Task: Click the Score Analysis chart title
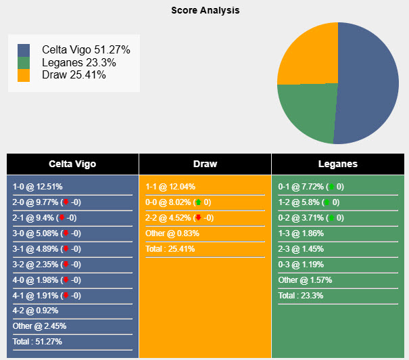point(205,10)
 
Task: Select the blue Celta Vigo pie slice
point(368,81)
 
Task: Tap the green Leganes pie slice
point(304,112)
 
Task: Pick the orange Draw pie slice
point(308,54)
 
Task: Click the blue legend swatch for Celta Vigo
point(24,50)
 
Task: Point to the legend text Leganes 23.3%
point(78,62)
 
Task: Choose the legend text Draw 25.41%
point(74,74)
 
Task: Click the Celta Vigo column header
point(72,164)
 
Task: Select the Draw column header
point(205,164)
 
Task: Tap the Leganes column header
point(337,164)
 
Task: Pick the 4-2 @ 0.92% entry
point(35,311)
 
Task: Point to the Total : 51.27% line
point(37,342)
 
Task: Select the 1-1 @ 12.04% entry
point(170,187)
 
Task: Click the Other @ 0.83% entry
point(172,233)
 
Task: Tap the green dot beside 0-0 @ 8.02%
point(198,202)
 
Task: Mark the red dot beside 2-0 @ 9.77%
point(66,202)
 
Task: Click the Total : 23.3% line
point(302,296)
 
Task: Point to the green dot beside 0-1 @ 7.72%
point(331,187)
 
